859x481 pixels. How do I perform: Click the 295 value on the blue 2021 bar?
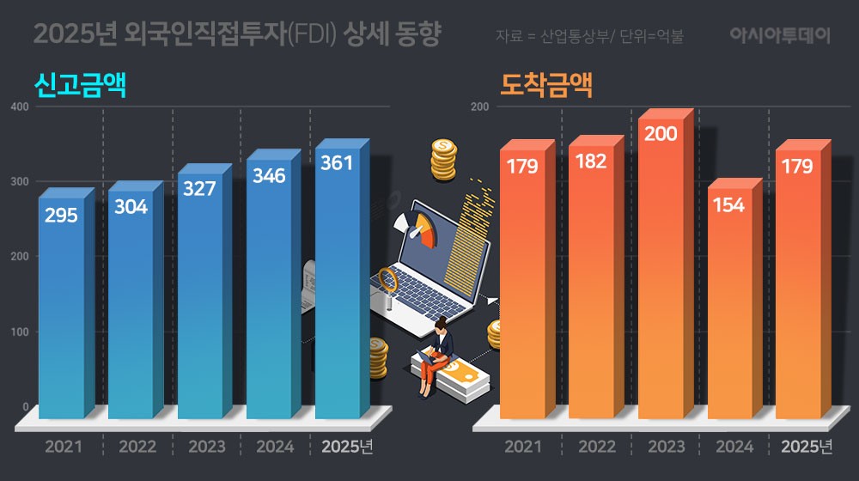[x=61, y=215]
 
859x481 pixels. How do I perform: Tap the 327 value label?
[x=199, y=189]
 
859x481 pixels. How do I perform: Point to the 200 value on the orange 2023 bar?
[x=660, y=134]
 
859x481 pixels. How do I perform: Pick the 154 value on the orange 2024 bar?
[x=728, y=205]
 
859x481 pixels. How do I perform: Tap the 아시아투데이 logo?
[x=780, y=36]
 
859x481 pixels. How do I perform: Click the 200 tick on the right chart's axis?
[x=480, y=107]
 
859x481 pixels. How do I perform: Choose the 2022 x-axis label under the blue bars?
[x=137, y=447]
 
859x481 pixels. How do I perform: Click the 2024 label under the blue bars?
[x=275, y=447]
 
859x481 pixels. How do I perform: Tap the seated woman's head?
[x=442, y=326]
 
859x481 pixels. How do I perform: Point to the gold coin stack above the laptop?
[x=444, y=160]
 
